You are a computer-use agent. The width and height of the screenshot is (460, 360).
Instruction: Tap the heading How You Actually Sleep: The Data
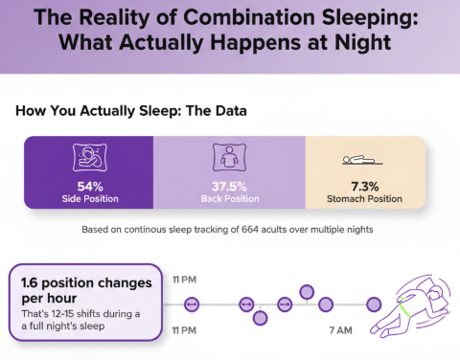[131, 111]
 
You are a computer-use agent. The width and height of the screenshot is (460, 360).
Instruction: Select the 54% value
[87, 186]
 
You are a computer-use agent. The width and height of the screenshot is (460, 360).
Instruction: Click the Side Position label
[87, 199]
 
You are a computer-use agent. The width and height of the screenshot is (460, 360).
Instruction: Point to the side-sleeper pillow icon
[87, 158]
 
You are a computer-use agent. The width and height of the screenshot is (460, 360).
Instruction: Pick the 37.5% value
[229, 186]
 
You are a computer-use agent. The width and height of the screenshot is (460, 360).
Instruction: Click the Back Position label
[229, 199]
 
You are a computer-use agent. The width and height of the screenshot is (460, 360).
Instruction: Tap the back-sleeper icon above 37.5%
[229, 158]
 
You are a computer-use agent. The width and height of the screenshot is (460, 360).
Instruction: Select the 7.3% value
[366, 186]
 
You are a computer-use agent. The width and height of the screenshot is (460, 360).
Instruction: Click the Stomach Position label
[366, 199]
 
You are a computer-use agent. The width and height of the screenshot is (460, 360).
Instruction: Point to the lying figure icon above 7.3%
[366, 160]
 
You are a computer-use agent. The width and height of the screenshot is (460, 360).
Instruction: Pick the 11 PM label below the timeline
[185, 329]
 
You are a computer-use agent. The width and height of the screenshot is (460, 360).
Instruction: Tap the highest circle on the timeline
[307, 291]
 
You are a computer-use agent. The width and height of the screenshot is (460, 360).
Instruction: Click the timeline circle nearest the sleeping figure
[374, 304]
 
